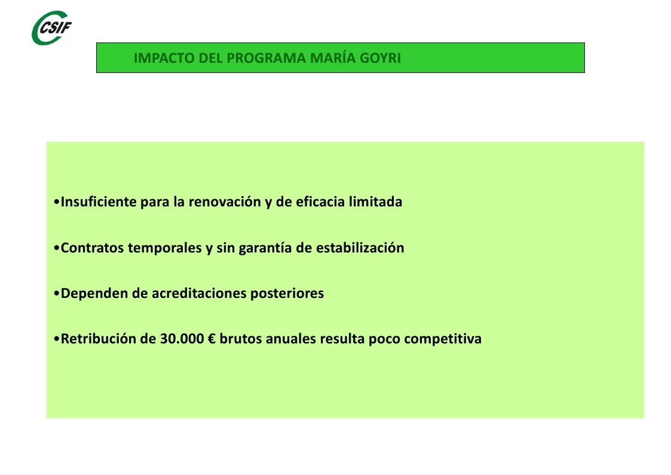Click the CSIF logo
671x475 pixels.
(x=52, y=28)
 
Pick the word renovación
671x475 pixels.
(x=225, y=202)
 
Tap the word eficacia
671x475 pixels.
(x=320, y=202)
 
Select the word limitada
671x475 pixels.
(x=375, y=202)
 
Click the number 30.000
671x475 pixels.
(x=182, y=339)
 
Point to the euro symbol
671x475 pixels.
(x=212, y=339)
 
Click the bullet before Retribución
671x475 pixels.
(x=57, y=339)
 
